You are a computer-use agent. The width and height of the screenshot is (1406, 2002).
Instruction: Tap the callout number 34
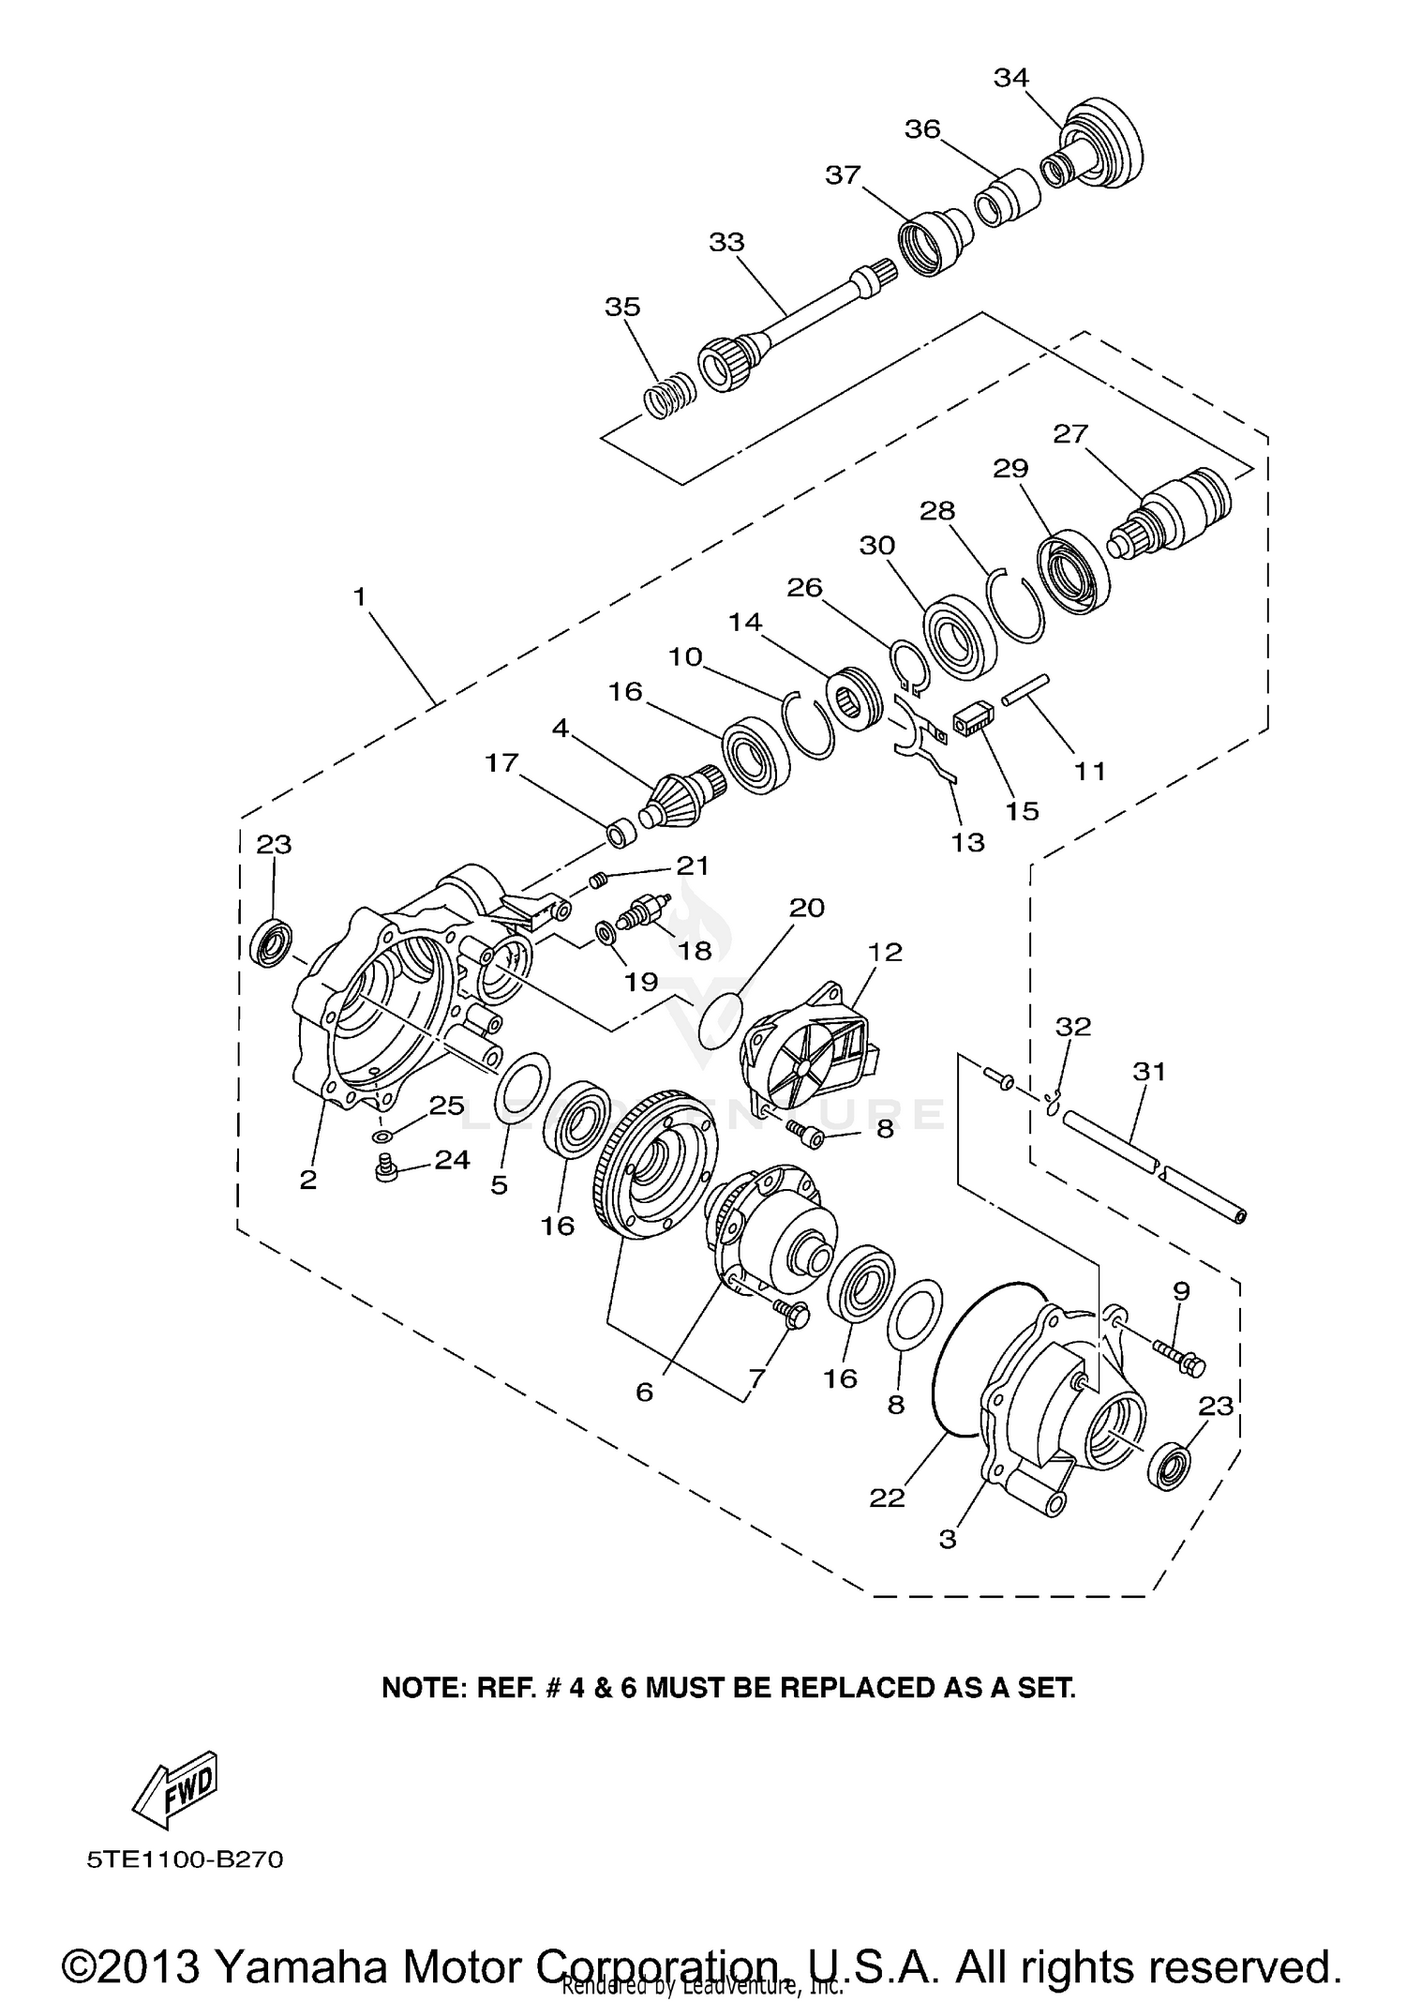coord(1011,79)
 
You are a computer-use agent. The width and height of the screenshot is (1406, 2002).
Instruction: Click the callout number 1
coord(359,596)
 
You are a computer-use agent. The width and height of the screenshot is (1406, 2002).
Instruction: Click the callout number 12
coord(884,953)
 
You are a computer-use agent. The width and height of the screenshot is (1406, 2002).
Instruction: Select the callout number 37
coord(843,175)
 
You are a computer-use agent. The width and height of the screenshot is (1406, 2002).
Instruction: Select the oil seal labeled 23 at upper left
coord(275,944)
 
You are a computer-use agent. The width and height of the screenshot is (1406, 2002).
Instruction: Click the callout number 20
coord(806,908)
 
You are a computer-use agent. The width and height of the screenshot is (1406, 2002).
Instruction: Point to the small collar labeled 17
coord(620,834)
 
